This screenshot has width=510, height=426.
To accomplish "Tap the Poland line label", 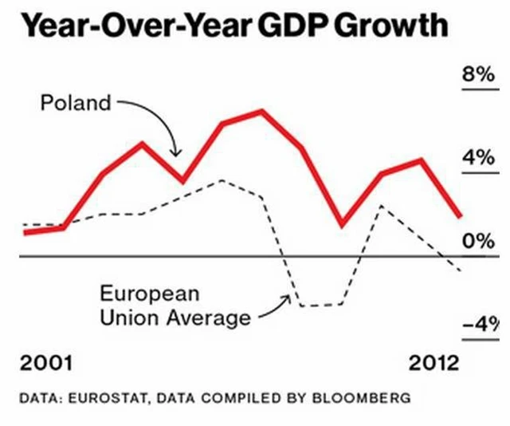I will coord(76,104).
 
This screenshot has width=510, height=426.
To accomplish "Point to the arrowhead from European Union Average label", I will coord(287,298).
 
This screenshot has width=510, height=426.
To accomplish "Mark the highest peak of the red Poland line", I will coord(261,111).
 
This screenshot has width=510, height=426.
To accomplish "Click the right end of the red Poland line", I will coord(460,215).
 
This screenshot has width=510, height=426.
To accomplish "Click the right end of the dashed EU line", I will coord(461,271).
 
